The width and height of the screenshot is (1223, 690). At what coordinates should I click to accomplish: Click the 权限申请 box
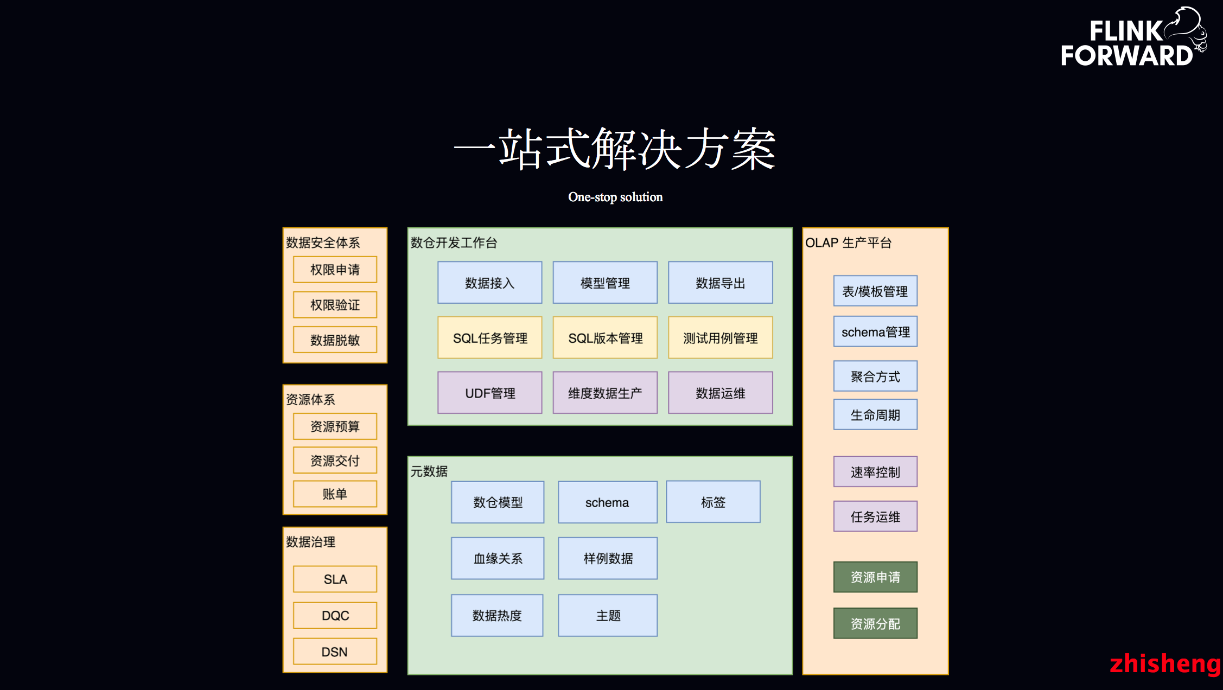(x=335, y=270)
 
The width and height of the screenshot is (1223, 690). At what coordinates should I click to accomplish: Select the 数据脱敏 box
(x=335, y=340)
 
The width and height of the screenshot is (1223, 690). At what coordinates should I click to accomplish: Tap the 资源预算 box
(x=335, y=426)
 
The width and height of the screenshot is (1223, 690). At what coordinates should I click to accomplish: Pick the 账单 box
(x=335, y=494)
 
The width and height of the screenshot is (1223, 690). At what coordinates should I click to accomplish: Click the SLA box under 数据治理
(x=335, y=579)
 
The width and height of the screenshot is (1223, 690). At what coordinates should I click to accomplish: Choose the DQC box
(x=335, y=616)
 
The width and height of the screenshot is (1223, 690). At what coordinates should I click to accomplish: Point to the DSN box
(x=335, y=651)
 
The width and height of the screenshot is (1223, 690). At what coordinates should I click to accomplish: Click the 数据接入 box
(x=489, y=283)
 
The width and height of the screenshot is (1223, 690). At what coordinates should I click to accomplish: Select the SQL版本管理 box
(x=605, y=338)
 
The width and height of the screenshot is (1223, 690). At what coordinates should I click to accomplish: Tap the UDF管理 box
(x=489, y=393)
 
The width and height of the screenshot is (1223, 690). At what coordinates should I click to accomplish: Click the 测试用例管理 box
(x=720, y=338)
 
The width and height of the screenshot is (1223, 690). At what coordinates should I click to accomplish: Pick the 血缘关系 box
(x=498, y=558)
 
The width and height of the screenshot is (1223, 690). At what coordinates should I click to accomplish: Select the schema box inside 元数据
(x=607, y=502)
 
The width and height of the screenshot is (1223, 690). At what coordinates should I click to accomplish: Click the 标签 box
(x=713, y=502)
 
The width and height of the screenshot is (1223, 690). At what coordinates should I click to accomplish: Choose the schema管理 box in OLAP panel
(x=875, y=331)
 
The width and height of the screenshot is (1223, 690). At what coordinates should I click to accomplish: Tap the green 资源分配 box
(x=875, y=623)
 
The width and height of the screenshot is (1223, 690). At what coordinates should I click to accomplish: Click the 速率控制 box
(x=875, y=472)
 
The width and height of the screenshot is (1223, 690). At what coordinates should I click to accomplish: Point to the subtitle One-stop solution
(x=615, y=197)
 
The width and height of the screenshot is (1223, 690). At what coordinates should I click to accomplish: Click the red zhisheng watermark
(x=1164, y=663)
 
